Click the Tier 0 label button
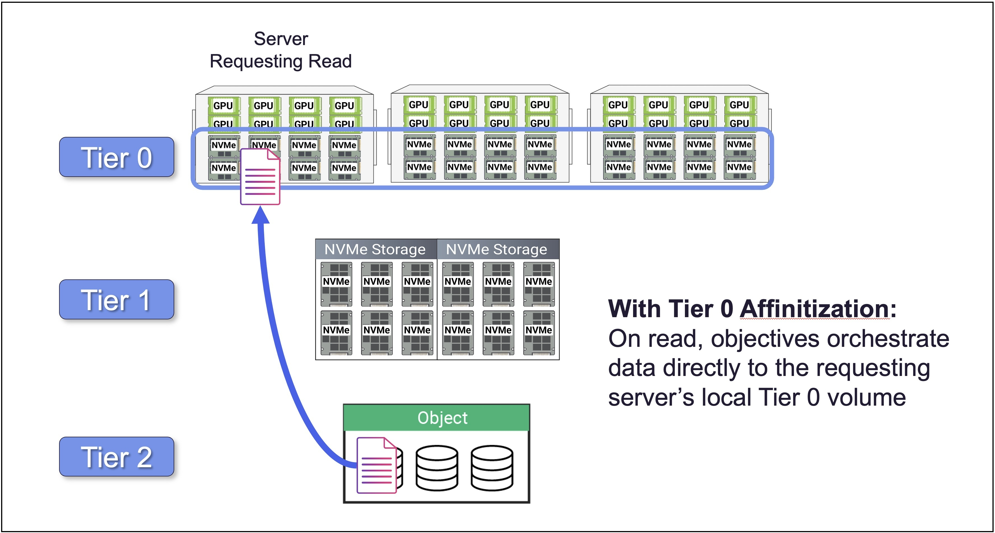pyautogui.click(x=116, y=157)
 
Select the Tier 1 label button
pyautogui.click(x=116, y=300)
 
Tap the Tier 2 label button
pyautogui.click(x=116, y=457)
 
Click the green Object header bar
pyautogui.click(x=436, y=418)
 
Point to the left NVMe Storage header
pyautogui.click(x=375, y=249)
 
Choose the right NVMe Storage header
pyautogui.click(x=497, y=249)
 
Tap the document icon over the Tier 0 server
pyautogui.click(x=260, y=177)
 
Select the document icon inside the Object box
pyautogui.click(x=376, y=466)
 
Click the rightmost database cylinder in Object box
pyautogui.click(x=492, y=468)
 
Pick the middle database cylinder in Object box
pyautogui.click(x=437, y=468)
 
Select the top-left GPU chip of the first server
pyautogui.click(x=223, y=105)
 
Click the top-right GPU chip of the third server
pyautogui.click(x=739, y=105)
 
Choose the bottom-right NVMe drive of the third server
pyautogui.click(x=739, y=168)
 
